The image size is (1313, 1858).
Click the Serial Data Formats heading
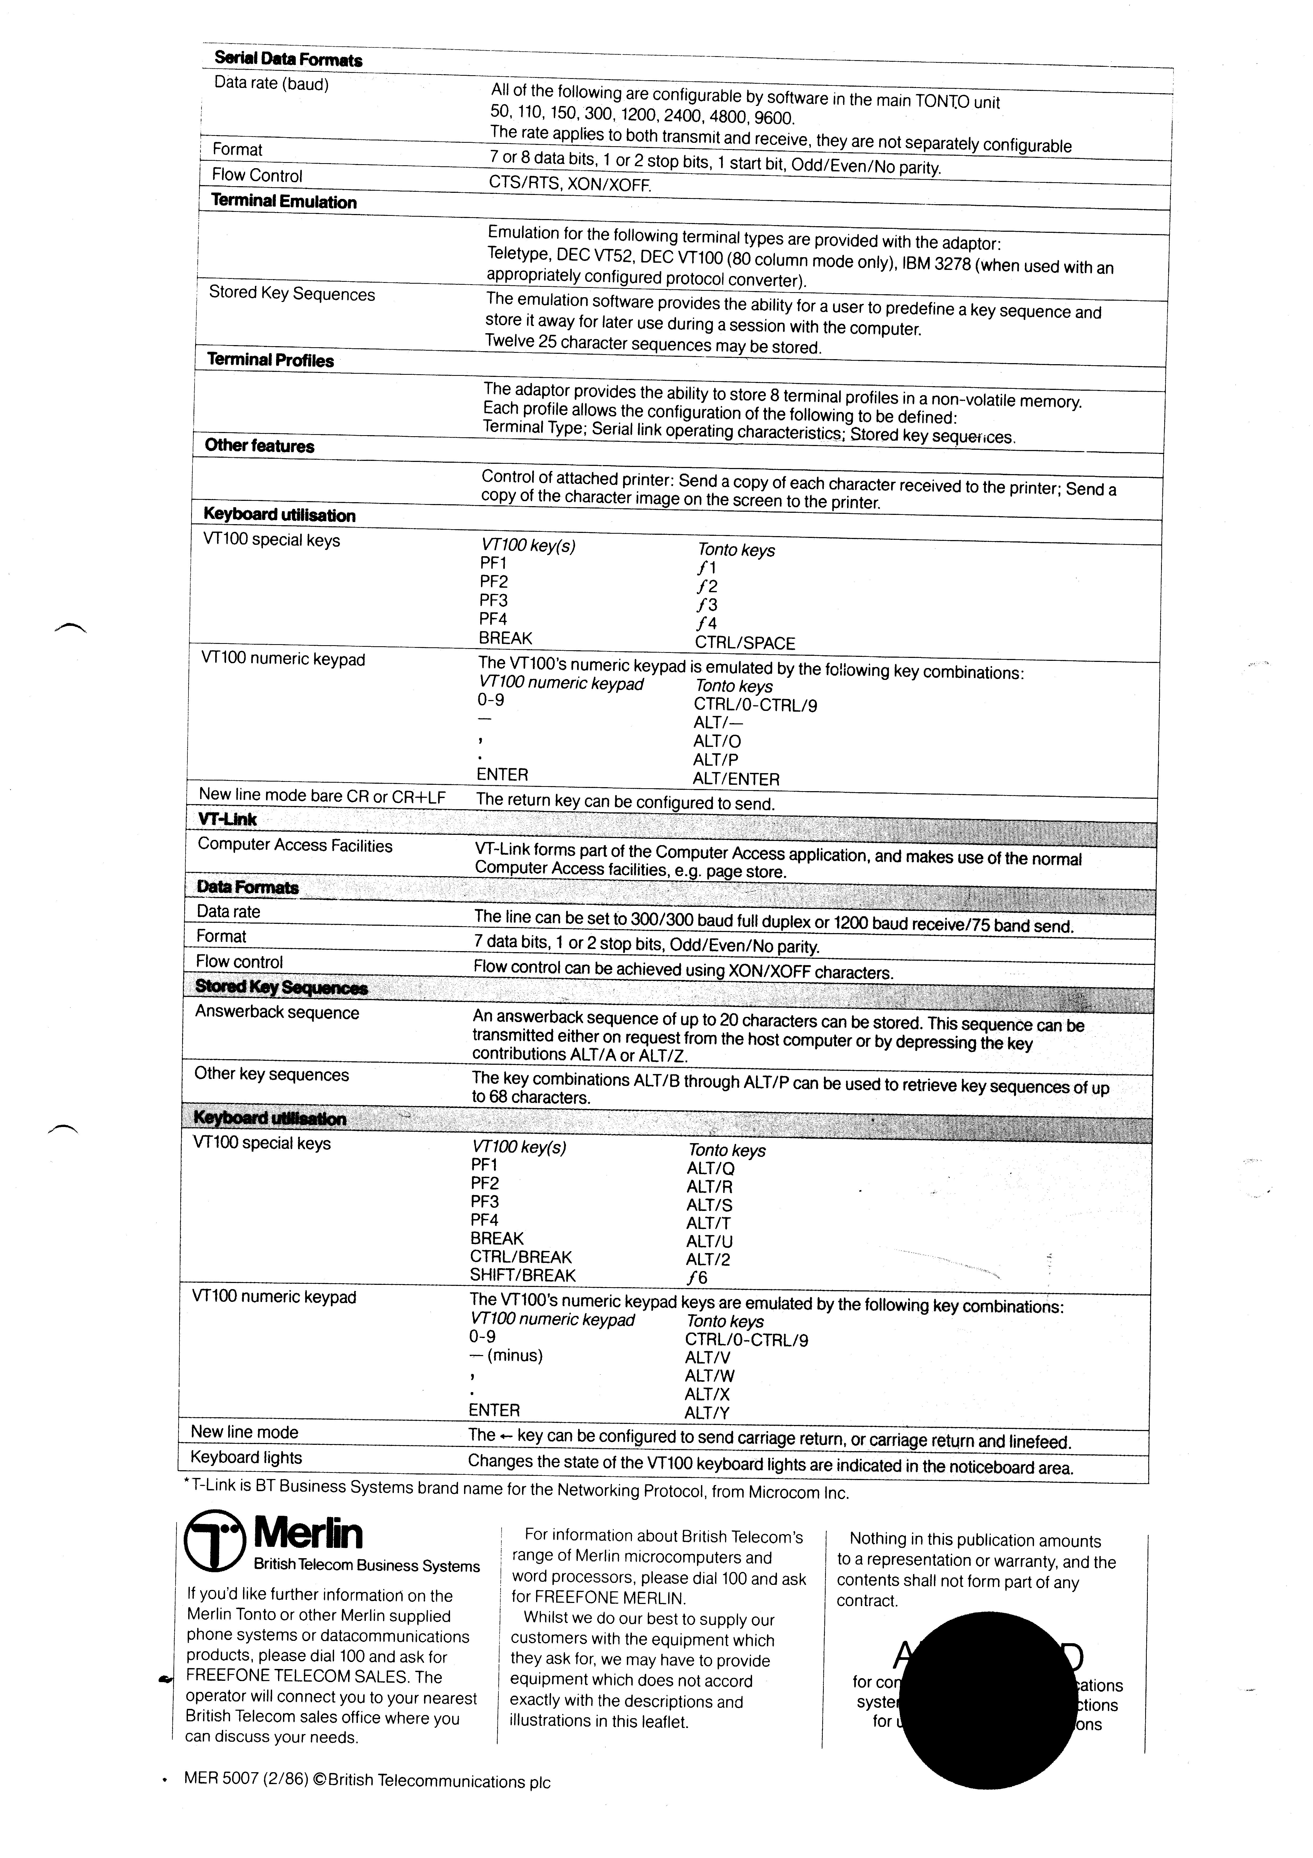point(288,59)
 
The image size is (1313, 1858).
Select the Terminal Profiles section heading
point(270,360)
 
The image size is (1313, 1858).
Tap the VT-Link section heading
point(227,819)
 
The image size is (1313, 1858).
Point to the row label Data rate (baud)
point(271,83)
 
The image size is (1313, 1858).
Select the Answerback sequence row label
point(277,1012)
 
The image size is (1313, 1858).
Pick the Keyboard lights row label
point(246,1458)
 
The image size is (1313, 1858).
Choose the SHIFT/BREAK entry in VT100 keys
point(523,1275)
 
